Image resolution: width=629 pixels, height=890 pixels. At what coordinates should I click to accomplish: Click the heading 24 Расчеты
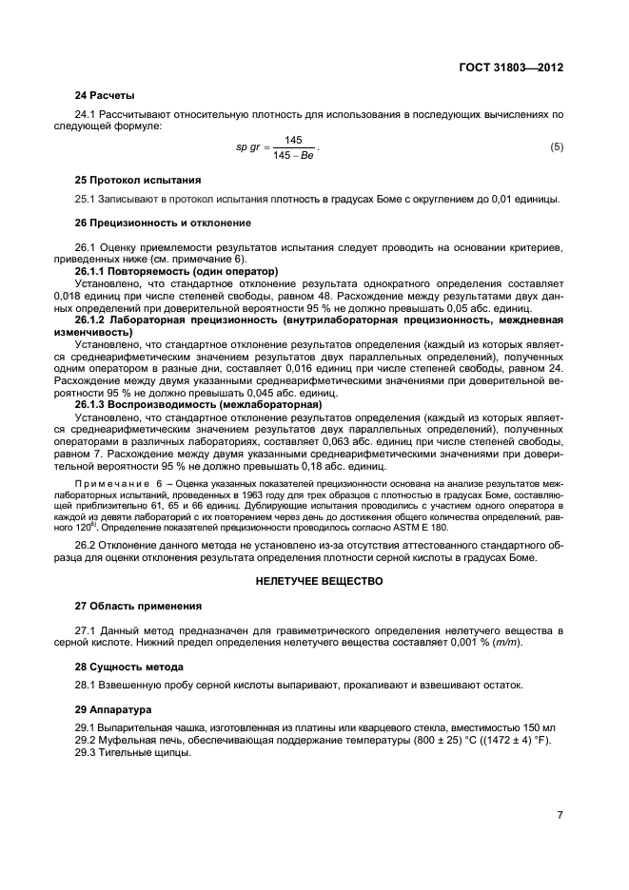(105, 95)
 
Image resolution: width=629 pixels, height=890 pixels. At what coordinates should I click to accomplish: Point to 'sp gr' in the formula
(248, 147)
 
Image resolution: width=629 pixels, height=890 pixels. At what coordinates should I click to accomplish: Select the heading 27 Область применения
(138, 605)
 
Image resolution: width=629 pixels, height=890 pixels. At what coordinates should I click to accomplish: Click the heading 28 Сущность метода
(129, 667)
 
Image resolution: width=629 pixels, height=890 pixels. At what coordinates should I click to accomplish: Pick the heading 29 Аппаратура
(112, 709)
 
